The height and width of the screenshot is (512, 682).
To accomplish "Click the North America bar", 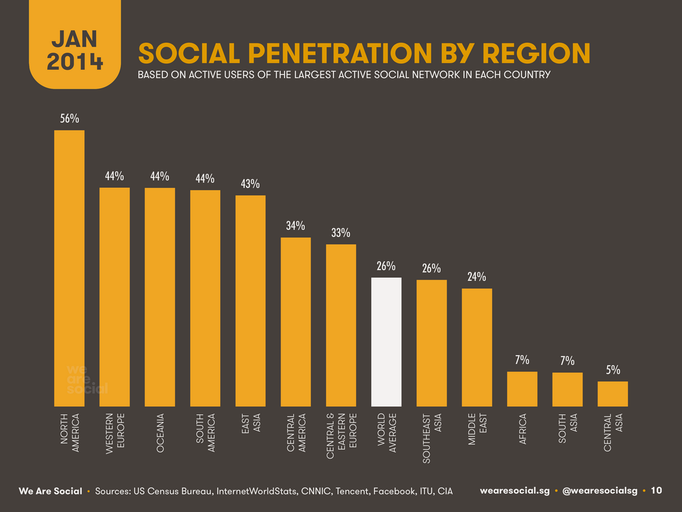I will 69,268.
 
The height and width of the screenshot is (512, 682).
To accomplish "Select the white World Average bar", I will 386,341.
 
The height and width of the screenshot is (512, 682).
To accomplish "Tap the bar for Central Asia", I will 613,394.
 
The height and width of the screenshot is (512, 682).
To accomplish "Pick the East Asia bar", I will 250,300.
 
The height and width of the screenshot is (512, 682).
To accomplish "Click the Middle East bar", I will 477,347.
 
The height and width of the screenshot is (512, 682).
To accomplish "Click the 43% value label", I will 250,184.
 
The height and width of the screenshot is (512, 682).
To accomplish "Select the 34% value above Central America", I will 296,226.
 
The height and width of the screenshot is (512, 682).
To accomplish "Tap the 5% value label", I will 613,370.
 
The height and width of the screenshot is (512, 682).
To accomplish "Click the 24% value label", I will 477,277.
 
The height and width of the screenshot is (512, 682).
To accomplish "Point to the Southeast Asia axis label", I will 432,438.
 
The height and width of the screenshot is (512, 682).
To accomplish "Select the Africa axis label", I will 522,430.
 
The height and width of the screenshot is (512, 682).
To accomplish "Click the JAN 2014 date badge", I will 74,50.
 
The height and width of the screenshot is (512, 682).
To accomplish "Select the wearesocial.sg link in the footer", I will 516,491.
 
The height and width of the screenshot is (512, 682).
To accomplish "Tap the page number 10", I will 656,491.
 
